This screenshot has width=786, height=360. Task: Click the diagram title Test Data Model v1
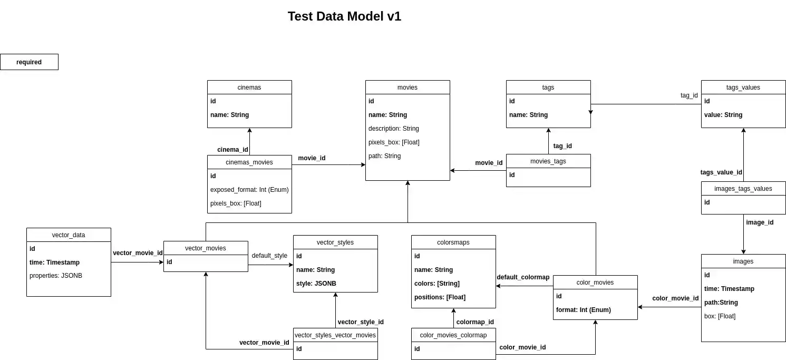click(344, 16)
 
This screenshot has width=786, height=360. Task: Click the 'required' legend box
click(29, 62)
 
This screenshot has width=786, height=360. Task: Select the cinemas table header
click(249, 87)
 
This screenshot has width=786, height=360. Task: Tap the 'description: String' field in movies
click(393, 129)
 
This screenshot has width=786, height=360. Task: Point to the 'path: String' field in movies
click(384, 156)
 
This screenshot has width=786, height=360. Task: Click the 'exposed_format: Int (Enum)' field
click(249, 190)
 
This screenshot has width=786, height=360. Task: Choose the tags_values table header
click(743, 87)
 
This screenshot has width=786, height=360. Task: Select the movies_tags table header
click(548, 161)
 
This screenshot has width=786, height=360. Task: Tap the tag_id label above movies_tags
click(562, 146)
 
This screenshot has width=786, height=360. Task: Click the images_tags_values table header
click(743, 189)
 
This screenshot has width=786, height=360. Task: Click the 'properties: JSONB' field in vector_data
click(55, 276)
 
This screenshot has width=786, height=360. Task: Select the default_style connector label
click(269, 256)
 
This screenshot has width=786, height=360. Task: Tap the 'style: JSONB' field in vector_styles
click(316, 284)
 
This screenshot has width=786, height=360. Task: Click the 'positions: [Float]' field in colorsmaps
click(440, 297)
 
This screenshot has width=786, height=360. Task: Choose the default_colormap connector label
click(523, 277)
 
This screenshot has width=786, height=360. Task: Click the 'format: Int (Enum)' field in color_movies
click(583, 310)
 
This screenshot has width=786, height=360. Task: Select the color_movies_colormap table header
click(453, 335)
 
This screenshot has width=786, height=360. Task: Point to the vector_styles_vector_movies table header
click(335, 335)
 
